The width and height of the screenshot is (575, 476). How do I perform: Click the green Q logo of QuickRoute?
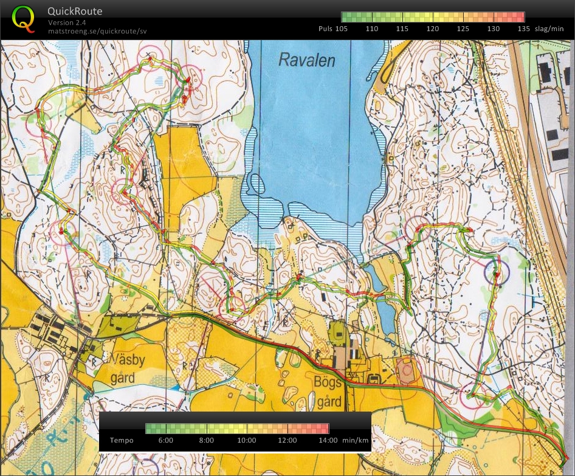pyautogui.click(x=23, y=18)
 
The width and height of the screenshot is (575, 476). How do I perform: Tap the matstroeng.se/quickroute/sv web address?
pyautogui.click(x=97, y=30)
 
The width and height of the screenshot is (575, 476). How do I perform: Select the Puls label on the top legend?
pyautogui.click(x=325, y=29)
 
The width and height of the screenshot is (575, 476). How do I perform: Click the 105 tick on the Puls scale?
pyautogui.click(x=342, y=29)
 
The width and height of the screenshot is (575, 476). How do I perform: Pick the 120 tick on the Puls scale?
pyautogui.click(x=433, y=29)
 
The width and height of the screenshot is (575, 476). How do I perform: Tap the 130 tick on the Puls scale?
pyautogui.click(x=494, y=29)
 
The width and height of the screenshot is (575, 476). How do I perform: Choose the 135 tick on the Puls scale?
pyautogui.click(x=523, y=29)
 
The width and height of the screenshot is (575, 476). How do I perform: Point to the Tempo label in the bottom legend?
pyautogui.click(x=122, y=440)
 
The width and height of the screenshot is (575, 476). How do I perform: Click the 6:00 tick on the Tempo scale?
pyautogui.click(x=166, y=440)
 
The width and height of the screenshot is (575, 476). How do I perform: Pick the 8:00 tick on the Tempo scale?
pyautogui.click(x=207, y=440)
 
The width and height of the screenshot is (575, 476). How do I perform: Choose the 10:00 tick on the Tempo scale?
pyautogui.click(x=247, y=440)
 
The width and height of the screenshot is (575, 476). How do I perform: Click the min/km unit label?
pyautogui.click(x=356, y=440)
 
